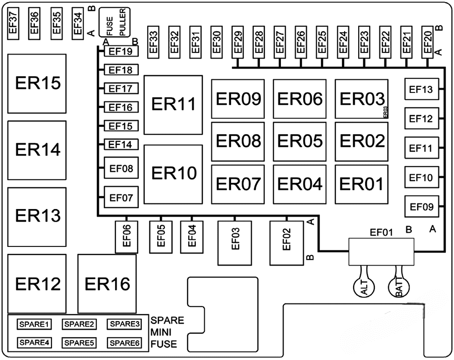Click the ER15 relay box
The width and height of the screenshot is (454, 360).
pyautogui.click(x=37, y=83)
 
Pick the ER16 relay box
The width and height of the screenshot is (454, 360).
pyautogui.click(x=107, y=283)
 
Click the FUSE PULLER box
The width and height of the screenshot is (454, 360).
pyautogui.click(x=115, y=22)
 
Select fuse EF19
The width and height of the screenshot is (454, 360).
pyautogui.click(x=121, y=52)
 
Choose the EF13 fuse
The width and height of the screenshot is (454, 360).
pyautogui.click(x=421, y=90)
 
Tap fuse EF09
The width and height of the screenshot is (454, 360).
pyautogui.click(x=421, y=207)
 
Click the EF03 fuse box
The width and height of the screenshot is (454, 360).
pyautogui.click(x=235, y=242)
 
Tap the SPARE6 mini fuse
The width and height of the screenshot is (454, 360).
pyautogui.click(x=124, y=343)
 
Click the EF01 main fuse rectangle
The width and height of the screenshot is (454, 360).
pyautogui.click(x=381, y=251)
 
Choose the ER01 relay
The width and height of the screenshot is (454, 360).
pyautogui.click(x=361, y=184)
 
